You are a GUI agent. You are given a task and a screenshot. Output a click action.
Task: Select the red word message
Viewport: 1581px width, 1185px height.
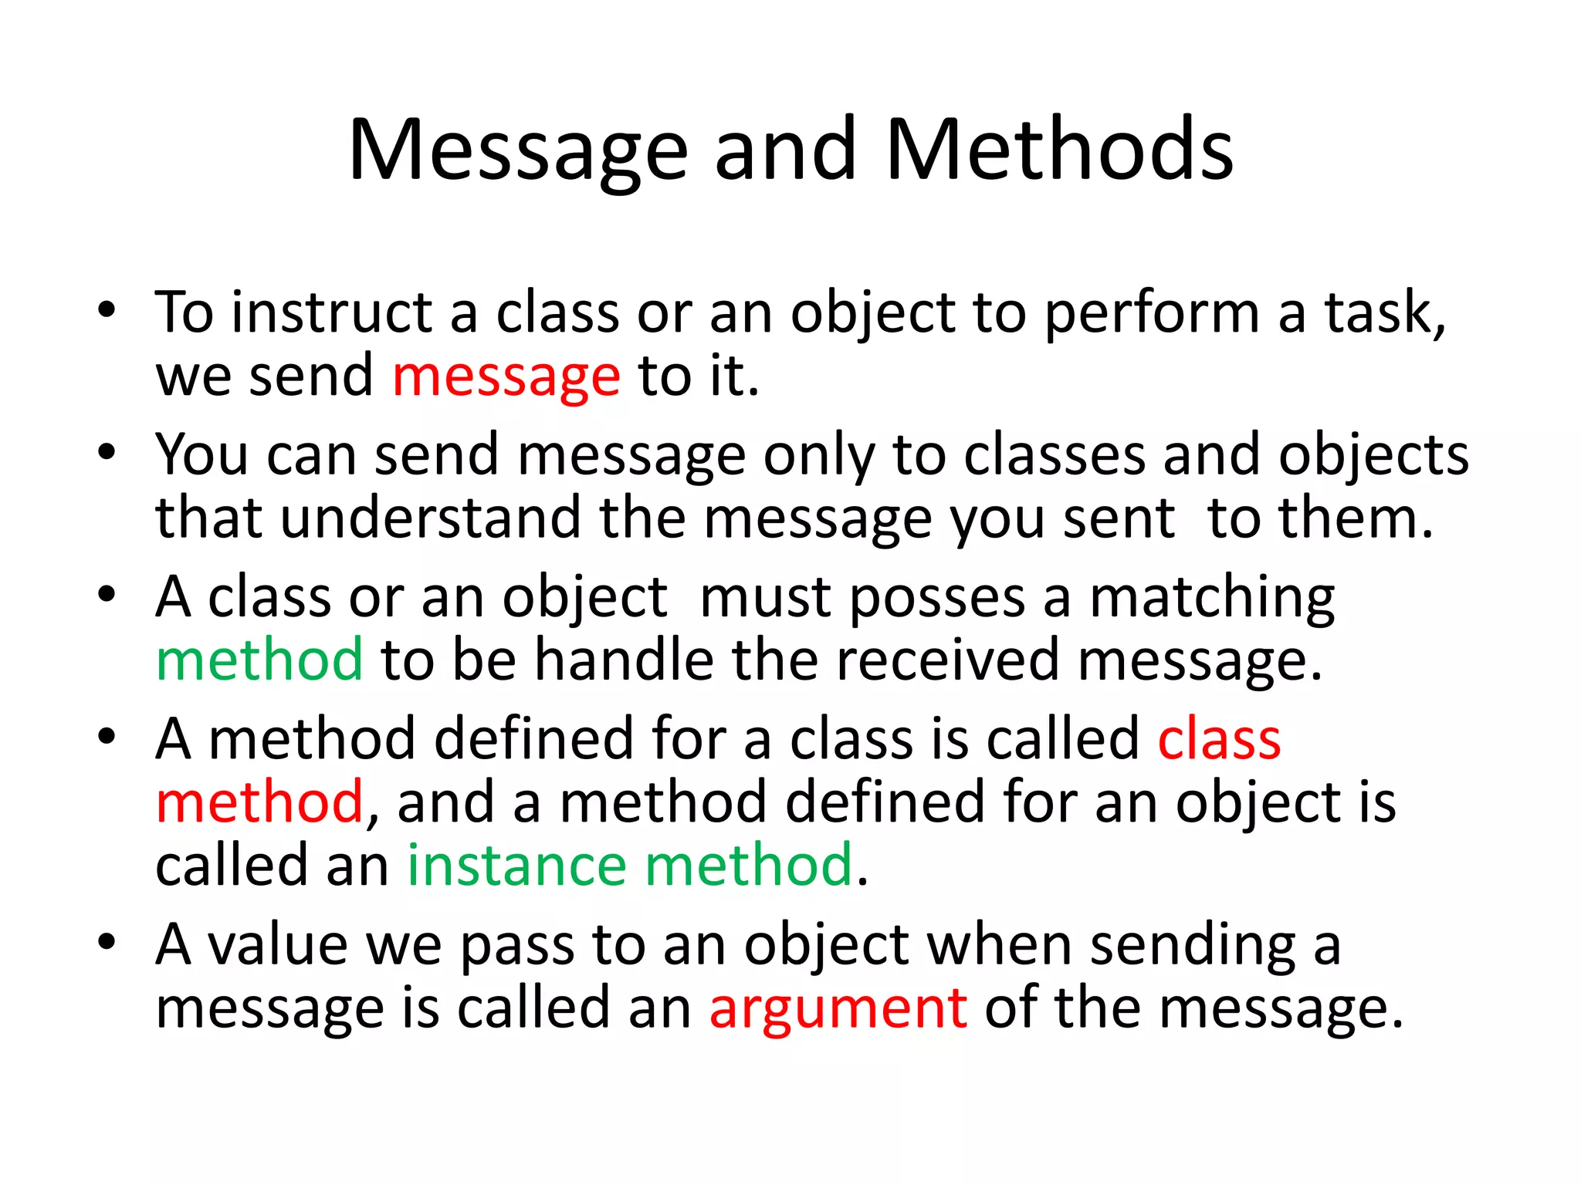tap(506, 377)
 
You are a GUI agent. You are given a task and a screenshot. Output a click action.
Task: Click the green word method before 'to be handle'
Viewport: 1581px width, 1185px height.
tap(259, 660)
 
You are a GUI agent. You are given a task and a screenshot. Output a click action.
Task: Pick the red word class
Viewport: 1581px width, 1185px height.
tap(1219, 739)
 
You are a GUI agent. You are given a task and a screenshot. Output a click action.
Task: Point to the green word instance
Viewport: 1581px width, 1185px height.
tap(516, 866)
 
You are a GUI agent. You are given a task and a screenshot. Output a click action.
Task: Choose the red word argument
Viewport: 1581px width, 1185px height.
tap(838, 1009)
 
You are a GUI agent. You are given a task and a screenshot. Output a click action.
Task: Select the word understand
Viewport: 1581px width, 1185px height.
tap(430, 518)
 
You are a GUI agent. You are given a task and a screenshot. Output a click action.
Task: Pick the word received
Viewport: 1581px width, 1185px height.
tap(947, 660)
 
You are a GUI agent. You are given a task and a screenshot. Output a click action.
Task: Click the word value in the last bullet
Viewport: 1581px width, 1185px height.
tap(277, 945)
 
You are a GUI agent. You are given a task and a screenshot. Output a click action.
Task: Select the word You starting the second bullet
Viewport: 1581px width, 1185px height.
tap(201, 454)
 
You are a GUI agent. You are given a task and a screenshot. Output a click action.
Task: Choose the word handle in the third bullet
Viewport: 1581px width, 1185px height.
tap(625, 660)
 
